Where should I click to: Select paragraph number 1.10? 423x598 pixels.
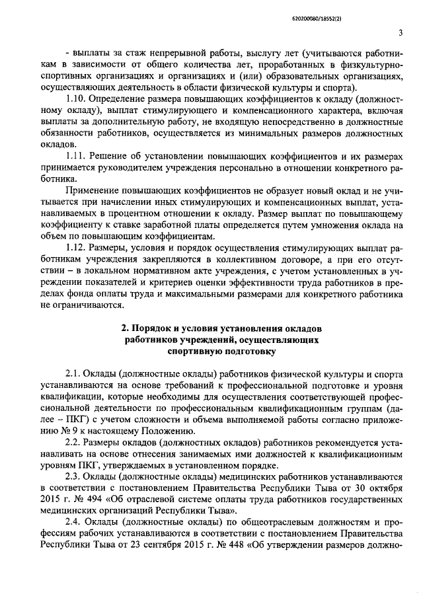[77, 98]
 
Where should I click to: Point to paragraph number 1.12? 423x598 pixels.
[77, 246]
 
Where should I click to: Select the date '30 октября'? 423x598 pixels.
[377, 487]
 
